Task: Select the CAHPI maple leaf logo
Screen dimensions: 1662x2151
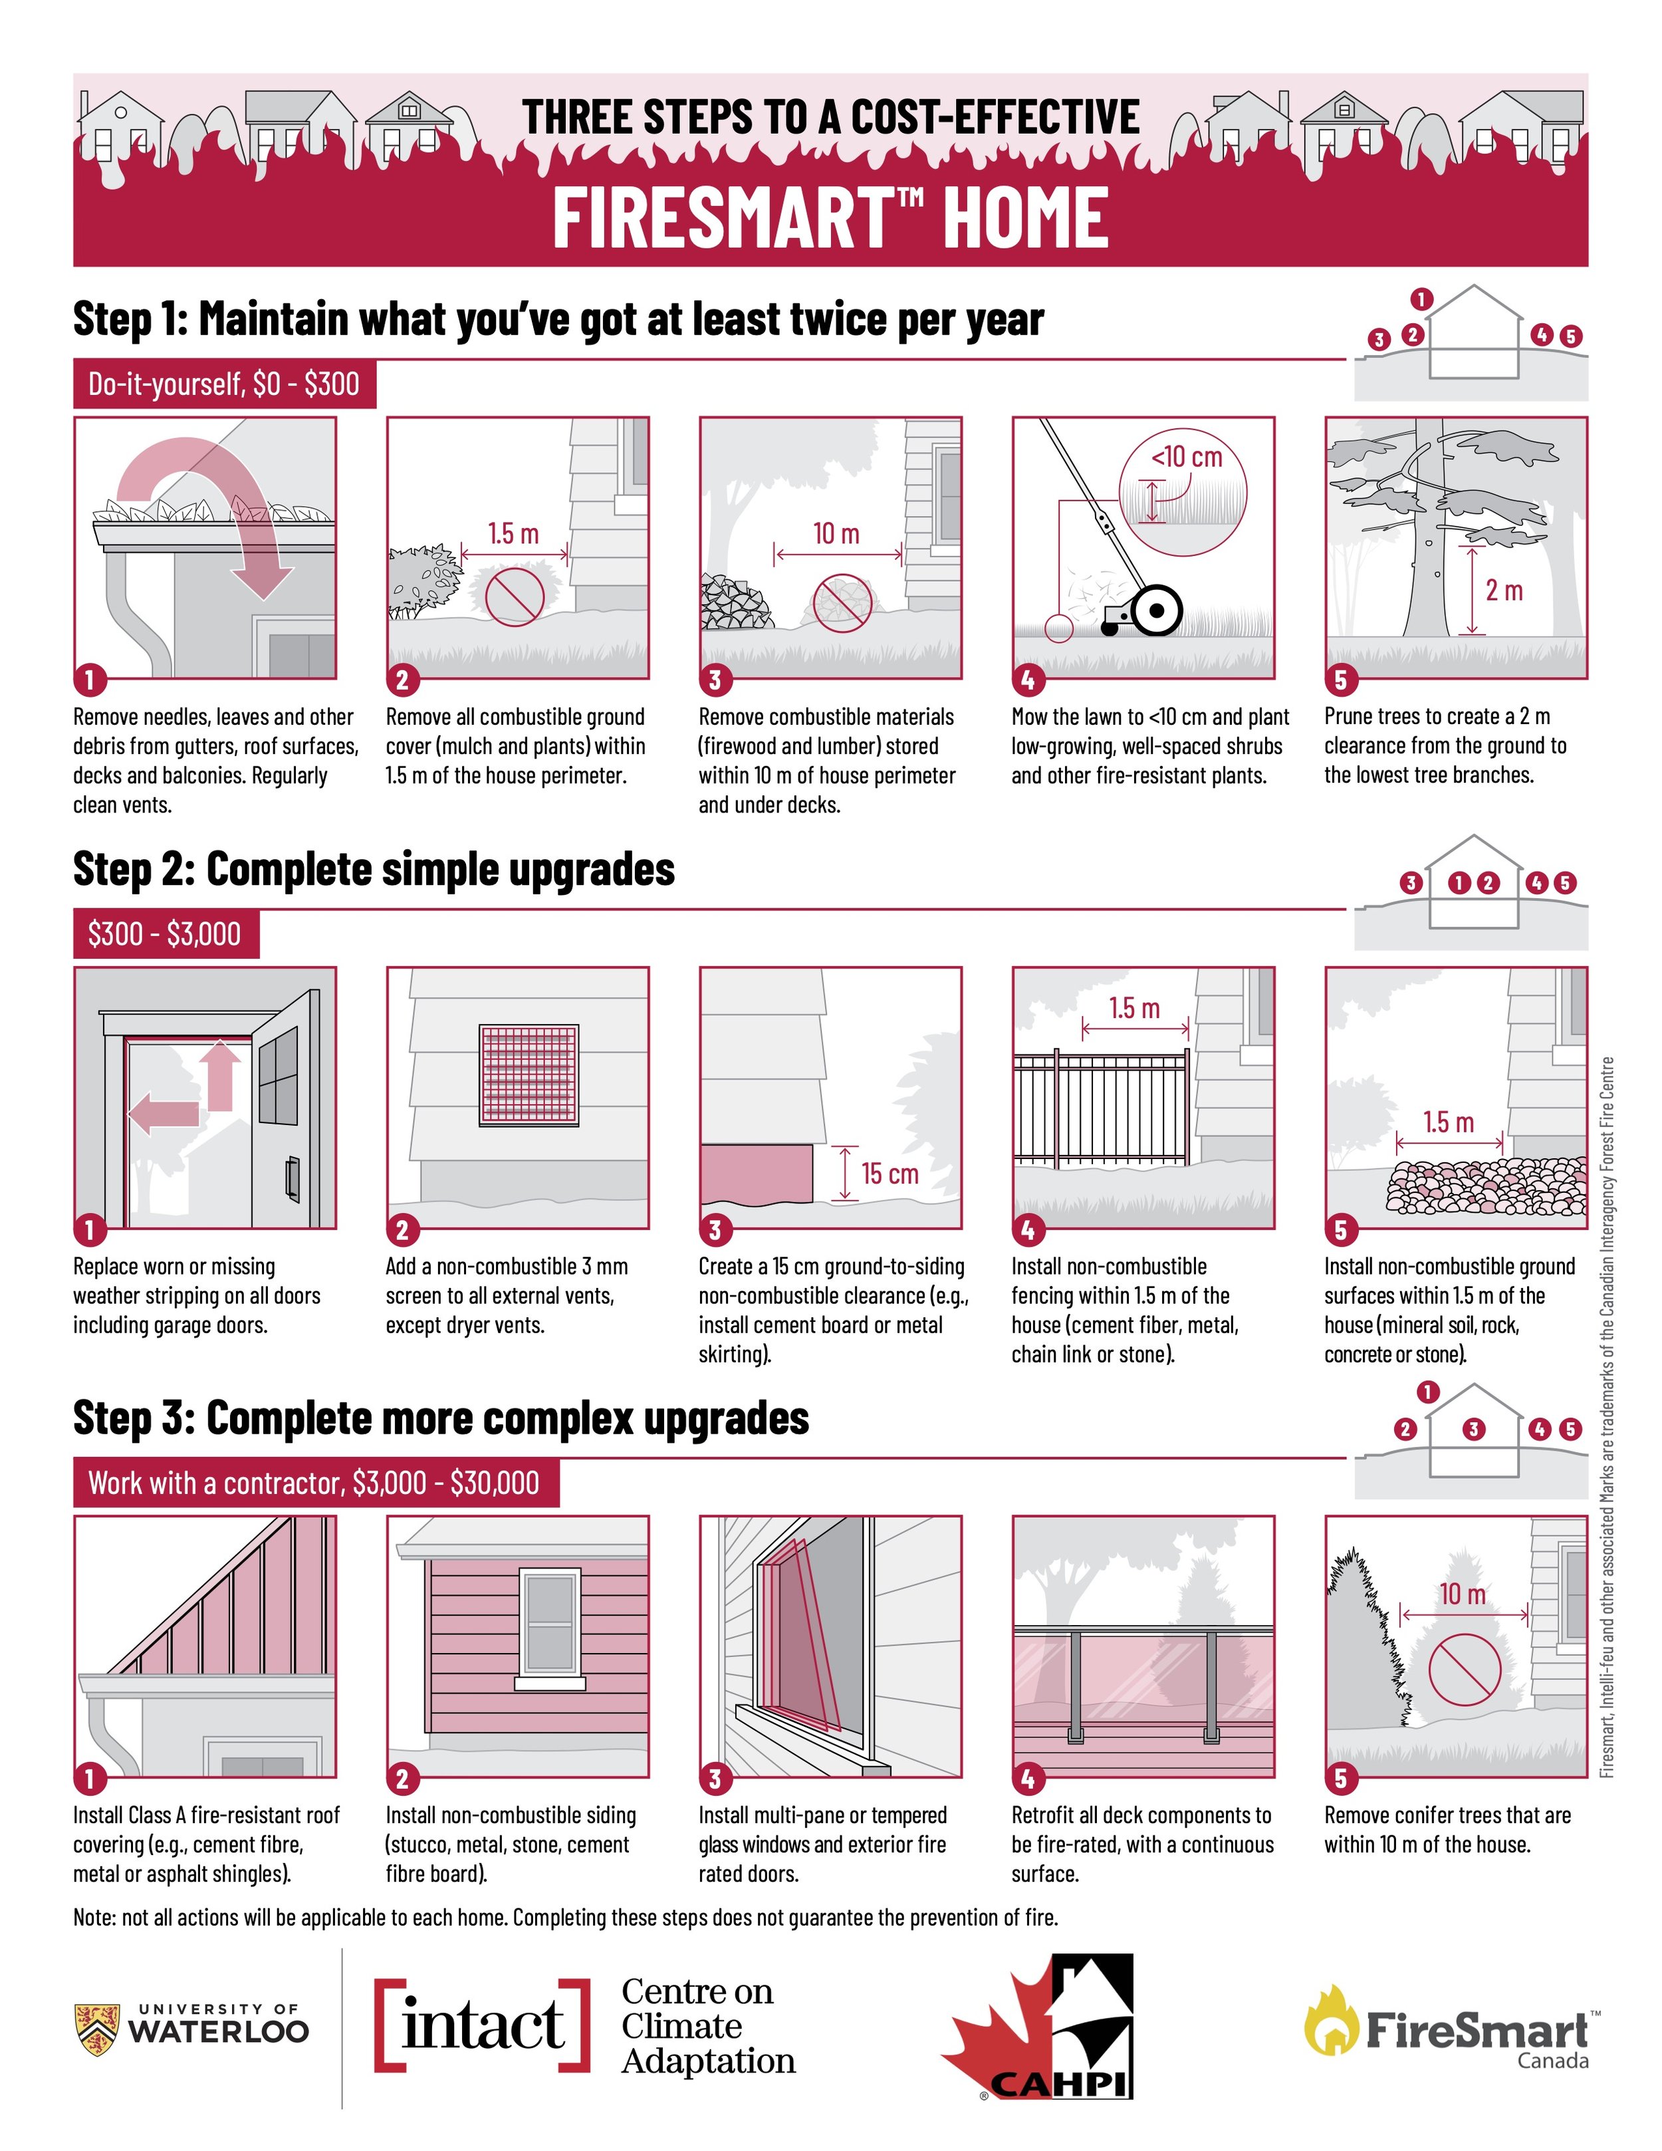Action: click(1038, 2029)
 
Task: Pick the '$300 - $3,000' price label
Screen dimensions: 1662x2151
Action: click(166, 933)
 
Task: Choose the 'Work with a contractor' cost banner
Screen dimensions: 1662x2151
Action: click(316, 1482)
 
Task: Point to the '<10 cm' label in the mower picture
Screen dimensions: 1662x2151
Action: click(1187, 457)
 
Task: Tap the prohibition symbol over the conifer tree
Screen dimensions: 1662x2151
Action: click(1464, 1670)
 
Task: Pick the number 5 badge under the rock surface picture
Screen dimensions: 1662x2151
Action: click(1340, 1229)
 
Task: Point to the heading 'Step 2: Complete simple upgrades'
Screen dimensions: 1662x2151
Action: click(374, 868)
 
